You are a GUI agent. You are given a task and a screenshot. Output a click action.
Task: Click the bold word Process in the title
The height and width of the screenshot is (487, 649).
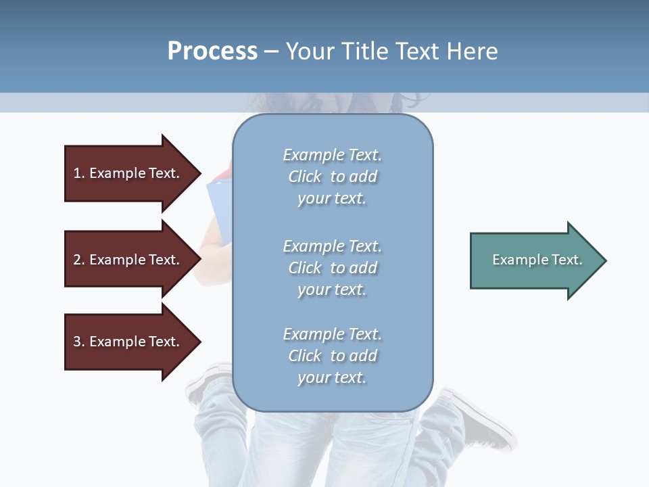click(x=212, y=51)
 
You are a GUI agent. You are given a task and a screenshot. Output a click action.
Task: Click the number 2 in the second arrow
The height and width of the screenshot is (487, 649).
click(x=77, y=260)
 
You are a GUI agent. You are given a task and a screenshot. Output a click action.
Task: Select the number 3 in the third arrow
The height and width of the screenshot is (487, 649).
click(x=77, y=342)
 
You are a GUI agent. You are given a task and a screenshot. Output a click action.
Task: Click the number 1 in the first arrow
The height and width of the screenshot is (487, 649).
click(x=77, y=173)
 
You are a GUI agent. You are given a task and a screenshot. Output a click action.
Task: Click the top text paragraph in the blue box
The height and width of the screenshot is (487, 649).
click(x=332, y=177)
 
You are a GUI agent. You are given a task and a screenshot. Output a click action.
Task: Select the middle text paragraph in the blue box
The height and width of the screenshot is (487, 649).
click(x=332, y=268)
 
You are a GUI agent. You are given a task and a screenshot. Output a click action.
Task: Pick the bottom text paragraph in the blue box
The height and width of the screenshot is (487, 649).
click(x=332, y=356)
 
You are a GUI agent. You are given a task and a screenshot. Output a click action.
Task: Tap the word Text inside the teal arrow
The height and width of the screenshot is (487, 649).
click(x=567, y=260)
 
